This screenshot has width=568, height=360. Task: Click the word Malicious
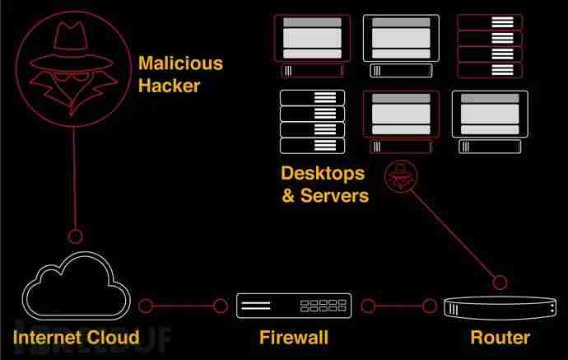(x=180, y=63)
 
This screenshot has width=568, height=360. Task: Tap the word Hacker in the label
(x=169, y=84)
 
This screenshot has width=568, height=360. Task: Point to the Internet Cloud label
(x=76, y=336)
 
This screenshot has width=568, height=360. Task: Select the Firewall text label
(x=293, y=336)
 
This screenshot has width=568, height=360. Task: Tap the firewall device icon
(x=294, y=306)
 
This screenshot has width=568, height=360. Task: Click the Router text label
(x=500, y=336)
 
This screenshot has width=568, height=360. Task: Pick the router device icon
(x=496, y=306)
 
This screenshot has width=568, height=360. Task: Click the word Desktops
(x=322, y=174)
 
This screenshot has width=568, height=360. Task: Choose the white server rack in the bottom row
(x=312, y=121)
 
